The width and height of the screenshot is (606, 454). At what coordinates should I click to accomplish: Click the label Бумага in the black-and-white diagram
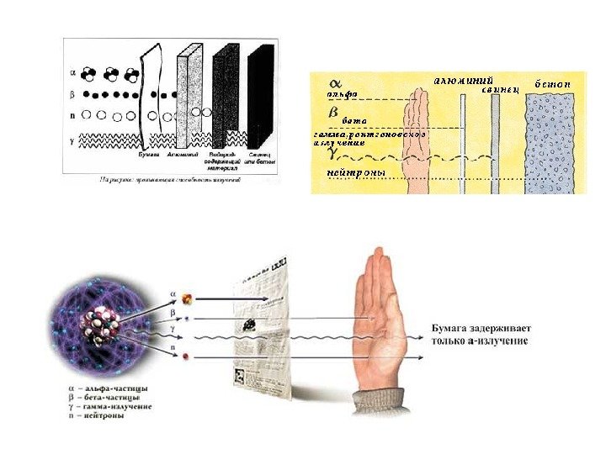pyautogui.click(x=149, y=155)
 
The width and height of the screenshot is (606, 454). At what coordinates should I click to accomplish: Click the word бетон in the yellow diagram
pyautogui.click(x=551, y=85)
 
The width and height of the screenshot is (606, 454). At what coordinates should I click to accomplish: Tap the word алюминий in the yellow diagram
pyautogui.click(x=463, y=80)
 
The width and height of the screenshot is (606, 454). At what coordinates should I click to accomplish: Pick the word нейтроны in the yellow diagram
pyautogui.click(x=357, y=173)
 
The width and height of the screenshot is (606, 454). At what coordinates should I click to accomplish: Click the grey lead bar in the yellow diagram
pyautogui.click(x=495, y=143)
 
